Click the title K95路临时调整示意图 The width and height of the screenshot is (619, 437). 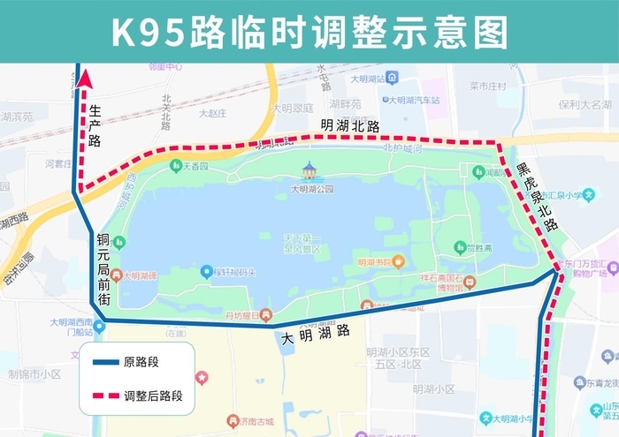click(x=309, y=31)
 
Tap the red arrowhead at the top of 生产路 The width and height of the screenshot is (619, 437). click(x=85, y=79)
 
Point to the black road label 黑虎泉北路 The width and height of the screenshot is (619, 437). click(x=538, y=197)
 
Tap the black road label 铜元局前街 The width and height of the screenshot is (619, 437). click(x=104, y=269)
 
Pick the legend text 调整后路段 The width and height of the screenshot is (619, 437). click(x=153, y=396)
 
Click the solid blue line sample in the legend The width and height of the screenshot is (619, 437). click(x=106, y=360)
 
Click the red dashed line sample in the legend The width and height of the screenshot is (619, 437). click(x=106, y=396)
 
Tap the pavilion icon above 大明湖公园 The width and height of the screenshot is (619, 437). click(x=309, y=170)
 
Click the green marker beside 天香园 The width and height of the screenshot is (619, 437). click(x=176, y=165)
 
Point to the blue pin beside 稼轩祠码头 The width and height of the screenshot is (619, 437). click(x=206, y=271)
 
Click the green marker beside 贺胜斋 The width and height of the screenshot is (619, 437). click(x=459, y=247)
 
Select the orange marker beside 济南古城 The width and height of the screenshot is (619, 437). click(x=233, y=420)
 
